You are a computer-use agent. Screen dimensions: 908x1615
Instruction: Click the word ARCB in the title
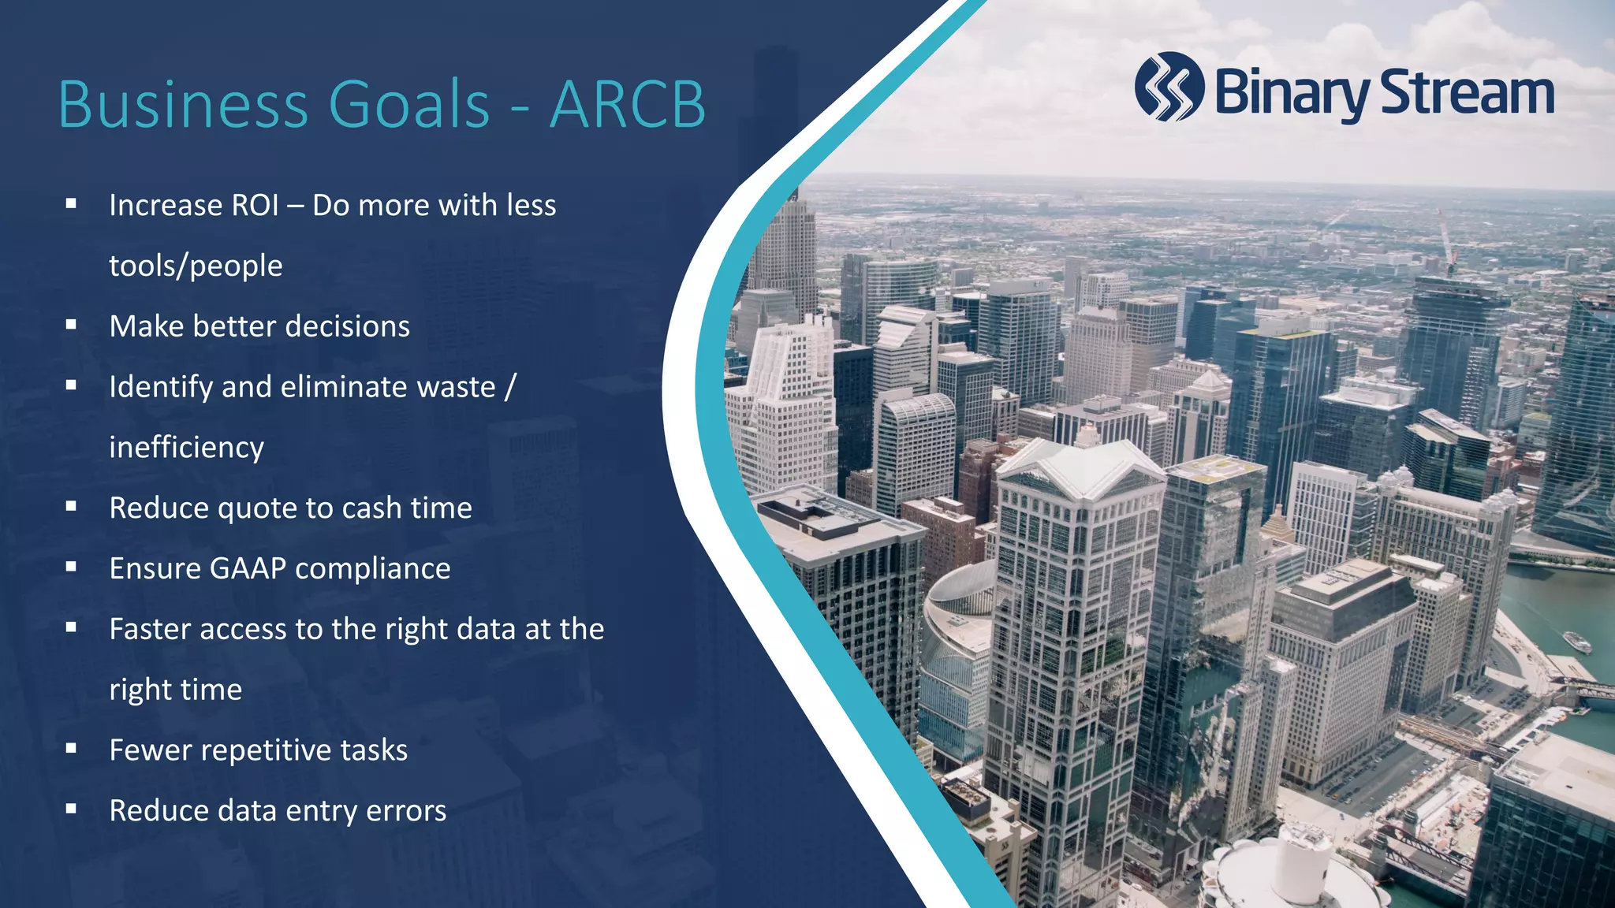point(627,105)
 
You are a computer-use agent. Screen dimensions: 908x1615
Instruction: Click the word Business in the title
point(183,105)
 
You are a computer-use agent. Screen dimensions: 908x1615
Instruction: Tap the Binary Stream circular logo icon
point(1169,87)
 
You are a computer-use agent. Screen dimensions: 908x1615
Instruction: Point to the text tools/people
point(196,266)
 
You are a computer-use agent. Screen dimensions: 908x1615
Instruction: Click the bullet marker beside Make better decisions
point(71,325)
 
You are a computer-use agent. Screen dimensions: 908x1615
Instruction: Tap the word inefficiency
point(186,448)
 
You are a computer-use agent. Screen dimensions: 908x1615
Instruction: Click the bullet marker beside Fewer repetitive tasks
point(71,749)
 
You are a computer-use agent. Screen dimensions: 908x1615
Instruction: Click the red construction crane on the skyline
point(1445,240)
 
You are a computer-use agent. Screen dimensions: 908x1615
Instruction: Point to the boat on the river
point(1576,642)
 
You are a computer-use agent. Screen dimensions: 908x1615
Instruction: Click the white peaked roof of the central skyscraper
point(1080,469)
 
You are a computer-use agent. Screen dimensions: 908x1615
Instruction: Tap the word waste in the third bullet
point(456,387)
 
